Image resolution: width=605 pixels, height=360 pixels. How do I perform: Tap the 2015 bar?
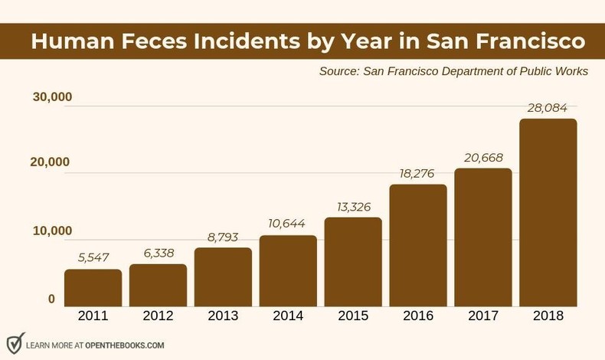[353, 261]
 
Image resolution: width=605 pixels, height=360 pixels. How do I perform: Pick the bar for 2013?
[223, 277]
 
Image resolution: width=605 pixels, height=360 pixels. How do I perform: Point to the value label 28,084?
[548, 108]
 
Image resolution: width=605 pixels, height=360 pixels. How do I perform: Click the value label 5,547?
[93, 258]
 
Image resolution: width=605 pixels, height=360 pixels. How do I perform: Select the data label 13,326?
[353, 207]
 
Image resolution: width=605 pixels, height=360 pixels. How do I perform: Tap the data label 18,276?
[418, 174]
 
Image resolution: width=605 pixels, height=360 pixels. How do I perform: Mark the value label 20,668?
[483, 158]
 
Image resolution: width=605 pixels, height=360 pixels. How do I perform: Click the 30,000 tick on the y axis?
[52, 97]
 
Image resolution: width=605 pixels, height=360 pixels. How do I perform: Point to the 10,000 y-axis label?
[52, 231]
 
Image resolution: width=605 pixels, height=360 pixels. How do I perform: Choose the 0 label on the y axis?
[51, 299]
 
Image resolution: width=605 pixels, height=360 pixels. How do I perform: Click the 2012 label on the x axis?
[158, 316]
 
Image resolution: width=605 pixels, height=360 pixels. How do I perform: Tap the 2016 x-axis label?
[418, 316]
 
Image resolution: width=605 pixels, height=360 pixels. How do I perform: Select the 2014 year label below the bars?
[288, 316]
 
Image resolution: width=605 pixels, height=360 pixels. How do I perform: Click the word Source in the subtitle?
[340, 71]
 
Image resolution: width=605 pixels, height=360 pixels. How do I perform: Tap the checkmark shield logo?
[15, 342]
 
